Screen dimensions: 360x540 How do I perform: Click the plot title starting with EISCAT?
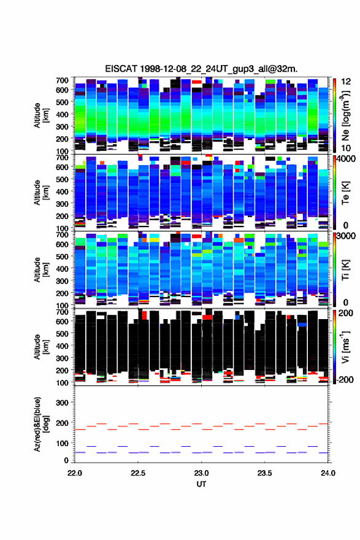point(201,69)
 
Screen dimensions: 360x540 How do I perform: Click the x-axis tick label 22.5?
point(138,473)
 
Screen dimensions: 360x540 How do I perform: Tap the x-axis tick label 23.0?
point(201,473)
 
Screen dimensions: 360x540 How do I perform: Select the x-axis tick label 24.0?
point(328,473)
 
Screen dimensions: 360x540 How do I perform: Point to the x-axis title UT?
point(201,484)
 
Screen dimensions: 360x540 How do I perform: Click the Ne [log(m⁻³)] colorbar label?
point(345,116)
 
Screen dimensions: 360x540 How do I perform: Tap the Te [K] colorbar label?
point(345,193)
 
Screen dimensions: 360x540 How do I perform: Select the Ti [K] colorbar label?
point(345,270)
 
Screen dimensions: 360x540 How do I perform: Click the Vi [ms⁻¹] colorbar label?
point(345,347)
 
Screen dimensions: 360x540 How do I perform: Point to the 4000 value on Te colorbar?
point(345,159)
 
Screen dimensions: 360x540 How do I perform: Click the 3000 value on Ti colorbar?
point(345,236)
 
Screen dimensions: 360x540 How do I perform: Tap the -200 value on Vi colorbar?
point(344,379)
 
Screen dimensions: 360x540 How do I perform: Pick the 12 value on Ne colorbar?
point(346,82)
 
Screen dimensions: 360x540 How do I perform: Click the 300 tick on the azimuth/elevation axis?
point(62,403)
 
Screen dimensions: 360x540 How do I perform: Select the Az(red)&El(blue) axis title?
point(40,424)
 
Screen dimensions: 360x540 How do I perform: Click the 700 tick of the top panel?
point(62,80)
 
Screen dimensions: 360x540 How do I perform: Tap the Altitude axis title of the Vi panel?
point(40,347)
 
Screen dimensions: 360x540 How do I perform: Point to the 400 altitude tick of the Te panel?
point(62,191)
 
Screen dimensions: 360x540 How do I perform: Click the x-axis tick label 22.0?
point(75,473)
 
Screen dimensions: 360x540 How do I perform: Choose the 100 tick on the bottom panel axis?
point(62,443)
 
